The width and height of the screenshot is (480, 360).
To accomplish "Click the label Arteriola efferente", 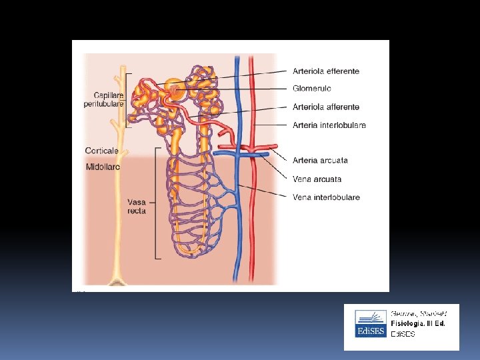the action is coord(325,71).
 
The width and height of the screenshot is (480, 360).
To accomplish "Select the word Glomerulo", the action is coord(311,89).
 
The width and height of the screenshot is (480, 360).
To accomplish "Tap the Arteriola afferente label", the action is coord(326,107).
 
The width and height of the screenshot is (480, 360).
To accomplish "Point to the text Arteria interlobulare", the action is coord(329,125).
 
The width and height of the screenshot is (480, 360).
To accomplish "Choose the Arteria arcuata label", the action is coord(320,161).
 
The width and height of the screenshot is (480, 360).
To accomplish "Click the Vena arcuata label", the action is coord(317,179).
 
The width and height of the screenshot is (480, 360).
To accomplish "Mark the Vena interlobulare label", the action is coord(326,197).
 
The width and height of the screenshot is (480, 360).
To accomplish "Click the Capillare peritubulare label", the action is coord(103,99).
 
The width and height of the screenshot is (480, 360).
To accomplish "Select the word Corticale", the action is coord(101,151).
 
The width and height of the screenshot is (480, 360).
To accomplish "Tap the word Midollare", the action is coord(103,167).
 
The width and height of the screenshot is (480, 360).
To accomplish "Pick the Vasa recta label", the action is coord(137,206).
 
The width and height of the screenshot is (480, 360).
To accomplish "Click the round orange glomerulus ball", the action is coord(173,89).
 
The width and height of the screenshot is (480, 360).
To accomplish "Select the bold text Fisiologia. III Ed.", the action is coord(418,323).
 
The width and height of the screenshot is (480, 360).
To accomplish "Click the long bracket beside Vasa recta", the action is coord(156,203).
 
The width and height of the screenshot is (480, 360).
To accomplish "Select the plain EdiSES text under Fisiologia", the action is coord(403,333).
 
